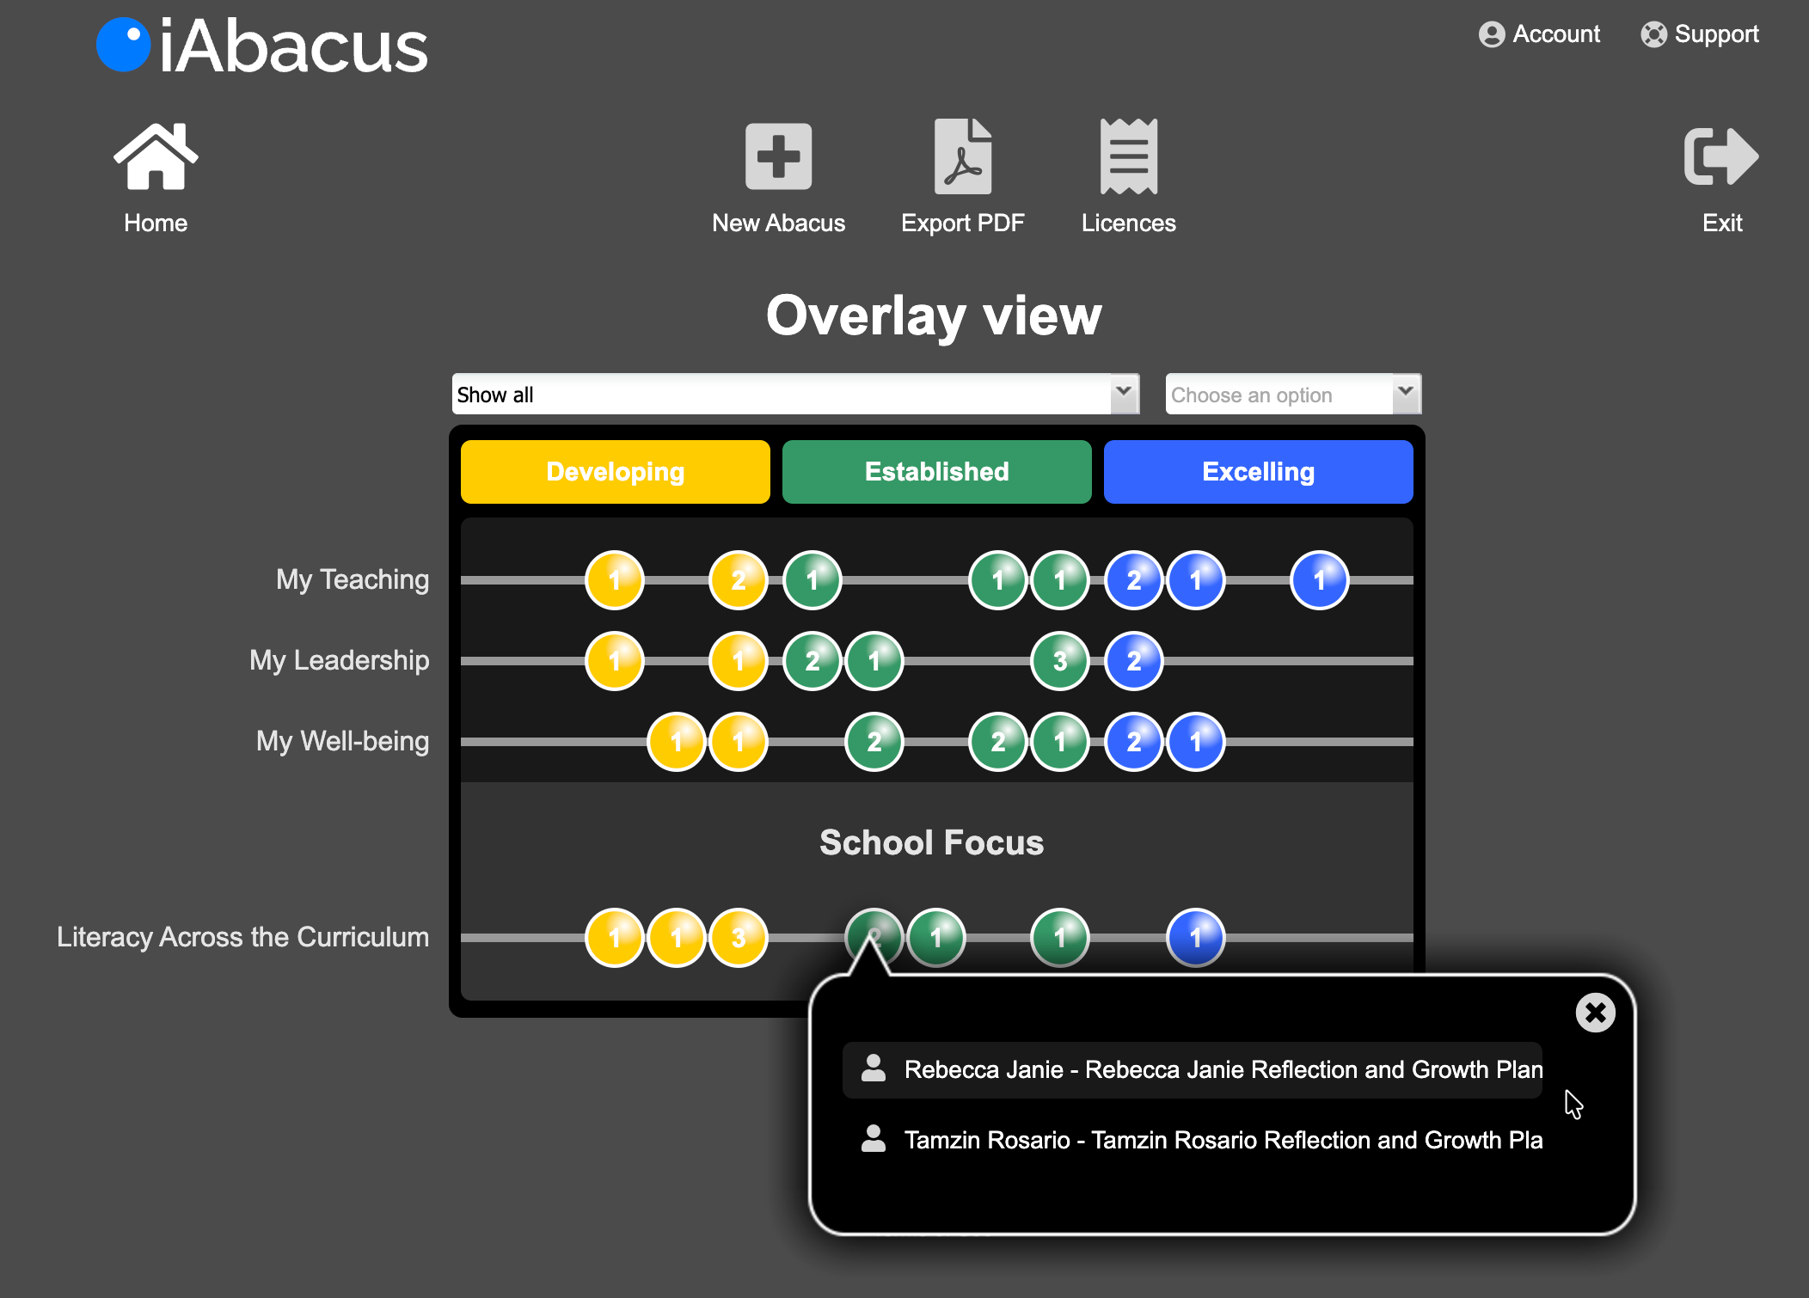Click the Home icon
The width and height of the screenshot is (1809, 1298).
[156, 156]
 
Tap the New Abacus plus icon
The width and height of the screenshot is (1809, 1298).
[778, 156]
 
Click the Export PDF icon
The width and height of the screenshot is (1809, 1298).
[962, 156]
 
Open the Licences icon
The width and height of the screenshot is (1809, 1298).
[1128, 156]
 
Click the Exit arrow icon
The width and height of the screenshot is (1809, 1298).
[1721, 156]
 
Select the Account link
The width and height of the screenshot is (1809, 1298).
[1539, 34]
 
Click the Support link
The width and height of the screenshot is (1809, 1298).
[1700, 34]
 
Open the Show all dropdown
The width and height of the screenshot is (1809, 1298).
[795, 395]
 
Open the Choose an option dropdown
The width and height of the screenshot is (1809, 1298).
[1292, 395]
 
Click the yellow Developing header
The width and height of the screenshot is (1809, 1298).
[616, 472]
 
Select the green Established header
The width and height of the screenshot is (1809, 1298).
[937, 472]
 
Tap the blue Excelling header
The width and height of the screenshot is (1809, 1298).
[1259, 472]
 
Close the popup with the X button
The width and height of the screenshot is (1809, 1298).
[1595, 1013]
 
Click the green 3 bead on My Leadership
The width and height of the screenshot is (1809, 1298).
[1060, 661]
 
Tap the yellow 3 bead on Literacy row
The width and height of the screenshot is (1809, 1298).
[739, 938]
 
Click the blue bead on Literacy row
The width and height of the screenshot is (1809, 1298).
[1196, 938]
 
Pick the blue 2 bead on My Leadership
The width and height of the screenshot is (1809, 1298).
[1134, 661]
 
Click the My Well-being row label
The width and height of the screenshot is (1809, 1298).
[342, 741]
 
